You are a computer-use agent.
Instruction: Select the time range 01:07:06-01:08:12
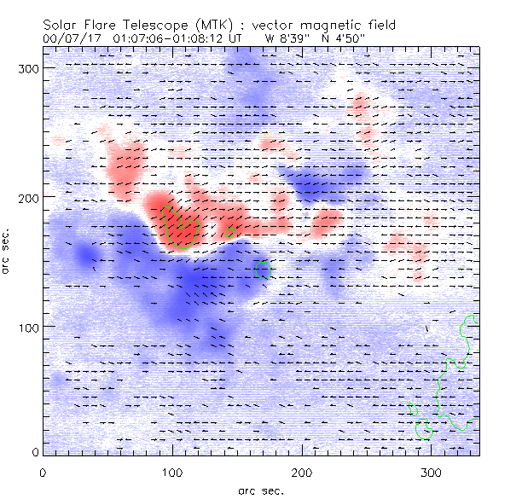(x=163, y=38)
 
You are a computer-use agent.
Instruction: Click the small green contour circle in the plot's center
(x=263, y=270)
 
